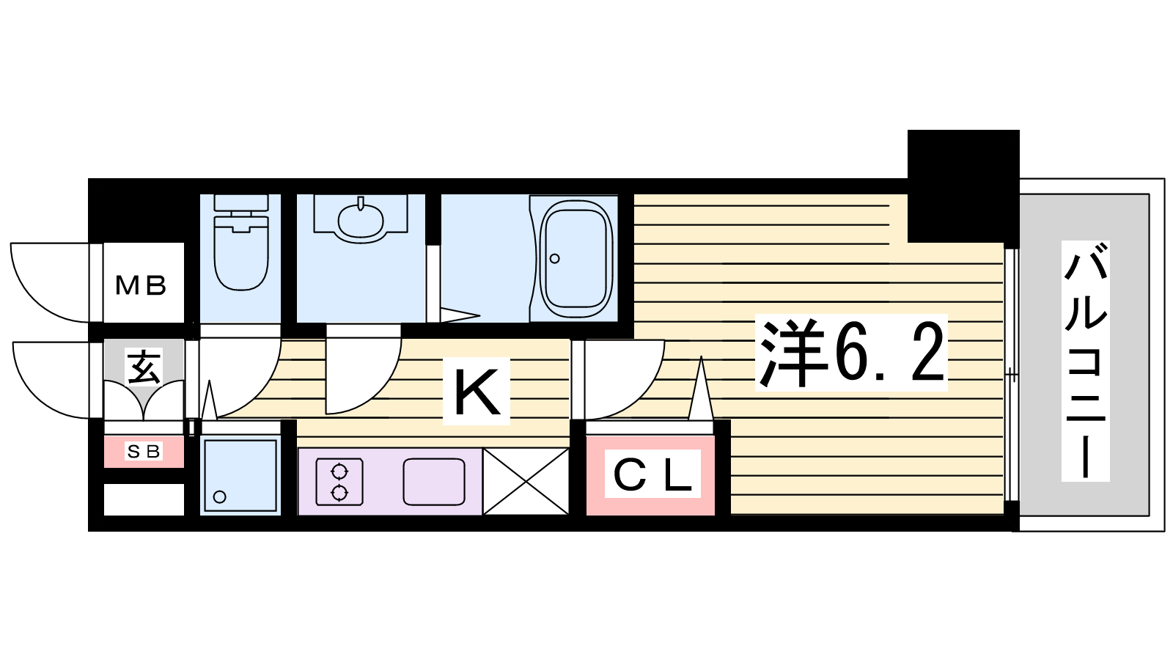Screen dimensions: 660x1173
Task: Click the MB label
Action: point(141,285)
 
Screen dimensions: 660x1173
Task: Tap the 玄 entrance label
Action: point(144,367)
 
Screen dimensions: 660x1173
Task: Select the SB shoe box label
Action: point(144,452)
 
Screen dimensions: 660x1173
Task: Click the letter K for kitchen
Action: point(477,392)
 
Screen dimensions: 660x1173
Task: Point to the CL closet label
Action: point(652,475)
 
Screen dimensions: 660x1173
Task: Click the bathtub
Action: point(576,255)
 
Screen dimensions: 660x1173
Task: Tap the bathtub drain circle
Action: point(555,258)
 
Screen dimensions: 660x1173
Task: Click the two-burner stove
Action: point(339,482)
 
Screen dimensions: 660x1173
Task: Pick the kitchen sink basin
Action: point(433,481)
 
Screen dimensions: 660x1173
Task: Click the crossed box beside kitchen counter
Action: point(526,481)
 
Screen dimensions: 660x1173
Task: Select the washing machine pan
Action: point(240,474)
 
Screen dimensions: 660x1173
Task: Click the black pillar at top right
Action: point(963,185)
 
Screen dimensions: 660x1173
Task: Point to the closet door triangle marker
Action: point(700,392)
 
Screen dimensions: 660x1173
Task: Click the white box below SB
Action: point(144,499)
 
